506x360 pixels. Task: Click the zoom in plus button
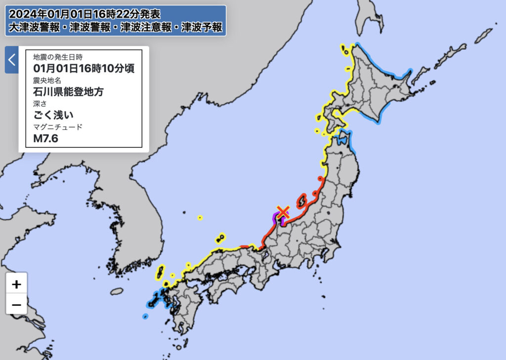point(16,284)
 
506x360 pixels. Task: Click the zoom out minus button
point(16,304)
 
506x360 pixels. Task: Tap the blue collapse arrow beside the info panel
point(12,60)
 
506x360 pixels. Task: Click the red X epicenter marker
point(283,212)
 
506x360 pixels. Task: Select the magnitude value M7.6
point(45,139)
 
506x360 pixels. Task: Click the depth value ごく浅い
point(53,115)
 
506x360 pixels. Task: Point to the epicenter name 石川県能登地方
point(68,91)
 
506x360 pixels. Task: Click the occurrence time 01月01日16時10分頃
point(84,68)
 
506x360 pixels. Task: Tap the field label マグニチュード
point(58,127)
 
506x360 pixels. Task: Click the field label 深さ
point(40,104)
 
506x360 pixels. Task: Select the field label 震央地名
point(48,80)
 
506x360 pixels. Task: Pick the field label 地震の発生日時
point(58,56)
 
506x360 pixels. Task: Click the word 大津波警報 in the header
point(32,27)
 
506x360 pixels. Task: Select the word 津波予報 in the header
point(202,27)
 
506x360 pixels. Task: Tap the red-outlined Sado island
point(301,201)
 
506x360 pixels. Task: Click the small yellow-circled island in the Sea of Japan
point(200,217)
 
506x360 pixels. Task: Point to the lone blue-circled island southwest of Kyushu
point(145,316)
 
